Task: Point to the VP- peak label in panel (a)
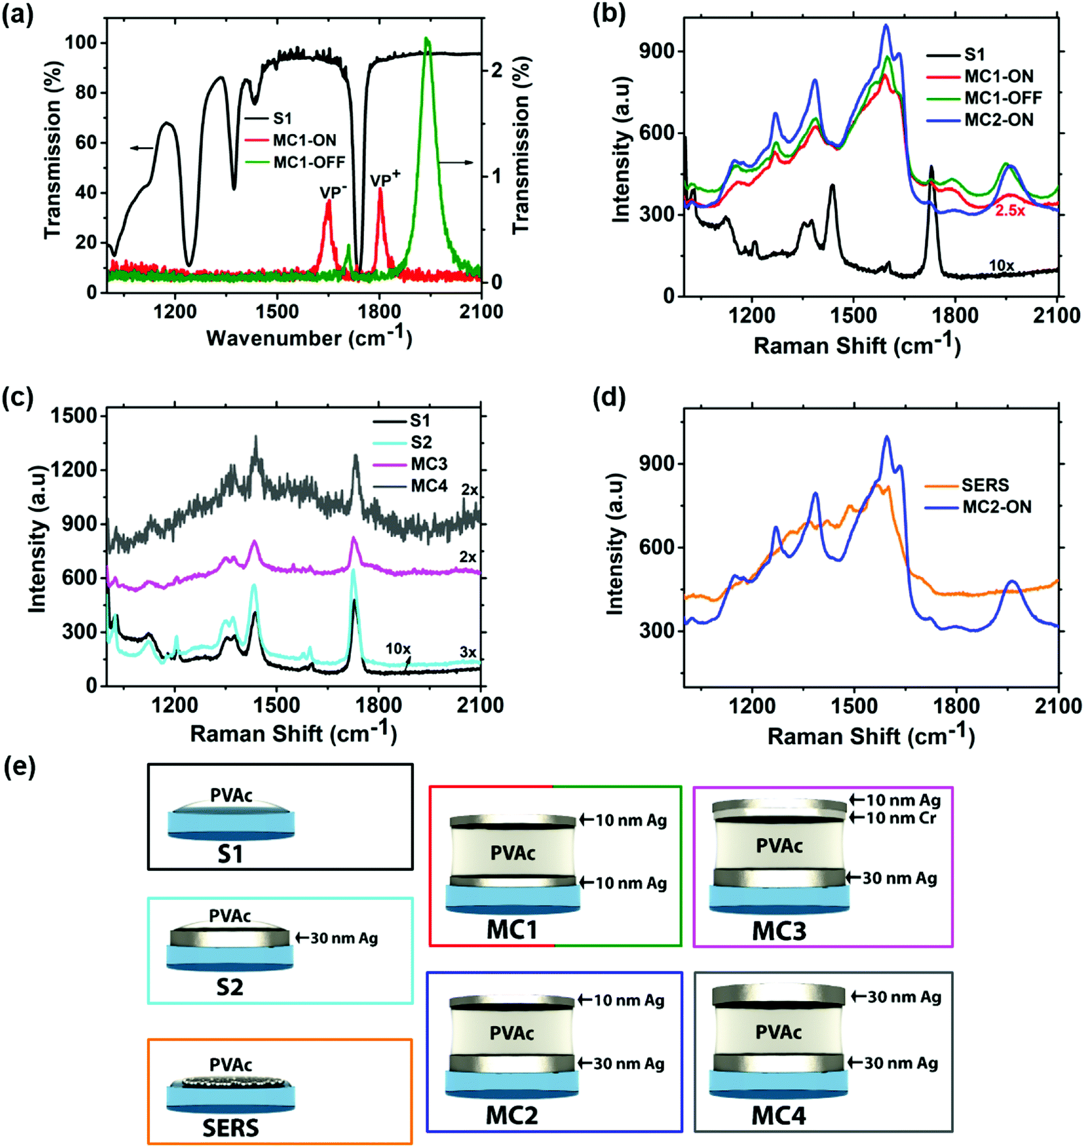(333, 191)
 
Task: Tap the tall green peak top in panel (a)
(427, 39)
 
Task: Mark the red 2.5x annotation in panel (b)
(1010, 211)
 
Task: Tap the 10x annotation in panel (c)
(398, 649)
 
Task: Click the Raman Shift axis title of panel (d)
(870, 735)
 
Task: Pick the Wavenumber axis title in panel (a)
(309, 337)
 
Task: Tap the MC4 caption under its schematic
(779, 1115)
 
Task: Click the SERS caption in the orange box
(231, 1128)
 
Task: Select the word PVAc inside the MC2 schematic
(511, 1033)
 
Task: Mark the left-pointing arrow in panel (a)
(142, 148)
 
